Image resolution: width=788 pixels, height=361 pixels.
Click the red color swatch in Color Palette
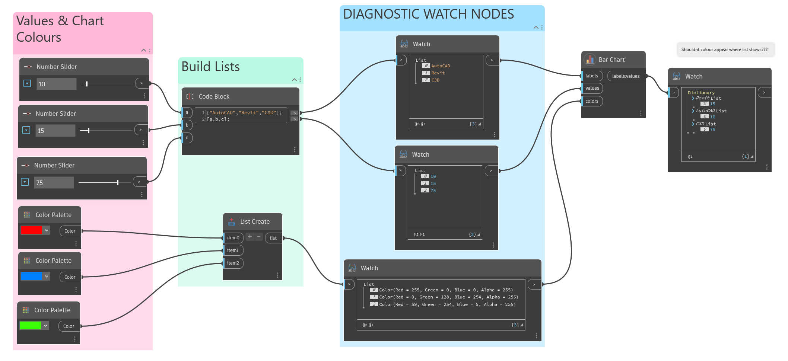[32, 230]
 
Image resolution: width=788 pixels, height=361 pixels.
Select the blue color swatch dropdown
[46, 276]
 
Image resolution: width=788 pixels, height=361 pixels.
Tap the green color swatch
[30, 326]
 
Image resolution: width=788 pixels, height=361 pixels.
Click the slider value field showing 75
[54, 183]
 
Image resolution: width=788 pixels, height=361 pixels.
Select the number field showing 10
[56, 84]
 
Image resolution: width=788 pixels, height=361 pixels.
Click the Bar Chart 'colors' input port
[592, 101]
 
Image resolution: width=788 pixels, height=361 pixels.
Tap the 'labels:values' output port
[626, 76]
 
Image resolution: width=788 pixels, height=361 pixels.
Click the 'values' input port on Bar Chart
[592, 88]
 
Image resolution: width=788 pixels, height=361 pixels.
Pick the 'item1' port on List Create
[233, 250]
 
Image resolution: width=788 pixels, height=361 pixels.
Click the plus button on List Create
[250, 237]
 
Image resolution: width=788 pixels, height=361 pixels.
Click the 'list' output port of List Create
[273, 238]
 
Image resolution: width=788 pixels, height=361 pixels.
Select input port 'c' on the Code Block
[187, 138]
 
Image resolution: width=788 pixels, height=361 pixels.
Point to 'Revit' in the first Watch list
[438, 73]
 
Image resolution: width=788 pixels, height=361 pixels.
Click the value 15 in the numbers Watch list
[433, 183]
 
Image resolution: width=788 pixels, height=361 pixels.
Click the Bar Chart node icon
[590, 60]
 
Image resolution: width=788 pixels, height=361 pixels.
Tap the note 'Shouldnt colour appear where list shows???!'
[725, 49]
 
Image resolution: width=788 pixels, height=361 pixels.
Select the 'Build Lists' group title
[210, 67]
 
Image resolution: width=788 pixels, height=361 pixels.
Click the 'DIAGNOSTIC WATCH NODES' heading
[428, 14]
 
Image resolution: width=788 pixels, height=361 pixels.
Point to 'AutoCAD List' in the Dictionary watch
[711, 111]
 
